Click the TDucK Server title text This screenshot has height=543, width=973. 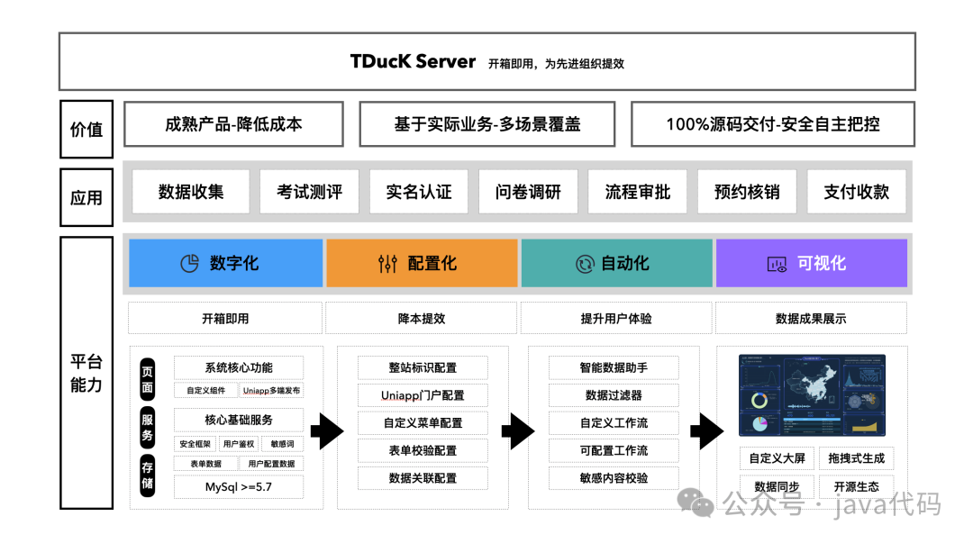coord(413,62)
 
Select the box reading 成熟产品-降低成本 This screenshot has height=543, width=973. coord(233,124)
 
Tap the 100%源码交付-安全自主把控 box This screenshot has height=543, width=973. coord(772,124)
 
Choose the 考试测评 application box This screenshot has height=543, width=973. coord(309,192)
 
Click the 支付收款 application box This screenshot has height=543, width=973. coord(856,192)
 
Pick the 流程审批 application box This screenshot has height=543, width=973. coord(637,192)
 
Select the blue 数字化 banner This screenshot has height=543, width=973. coord(225,263)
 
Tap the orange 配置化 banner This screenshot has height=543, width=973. coord(422,263)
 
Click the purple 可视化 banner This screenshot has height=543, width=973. coord(811,263)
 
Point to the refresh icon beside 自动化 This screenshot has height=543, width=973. coord(585,264)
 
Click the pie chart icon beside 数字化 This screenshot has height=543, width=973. coord(189,264)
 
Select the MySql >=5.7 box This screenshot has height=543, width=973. coord(239,487)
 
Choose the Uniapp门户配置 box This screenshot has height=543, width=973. coord(423,395)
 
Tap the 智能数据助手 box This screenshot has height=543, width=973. coord(614,367)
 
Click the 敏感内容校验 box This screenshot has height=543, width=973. coord(614,478)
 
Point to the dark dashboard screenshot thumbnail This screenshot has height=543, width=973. coord(812,395)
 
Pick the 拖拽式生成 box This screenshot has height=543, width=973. coord(856,457)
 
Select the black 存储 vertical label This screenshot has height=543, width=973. coord(147,475)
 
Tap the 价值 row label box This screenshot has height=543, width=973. coord(86,129)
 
